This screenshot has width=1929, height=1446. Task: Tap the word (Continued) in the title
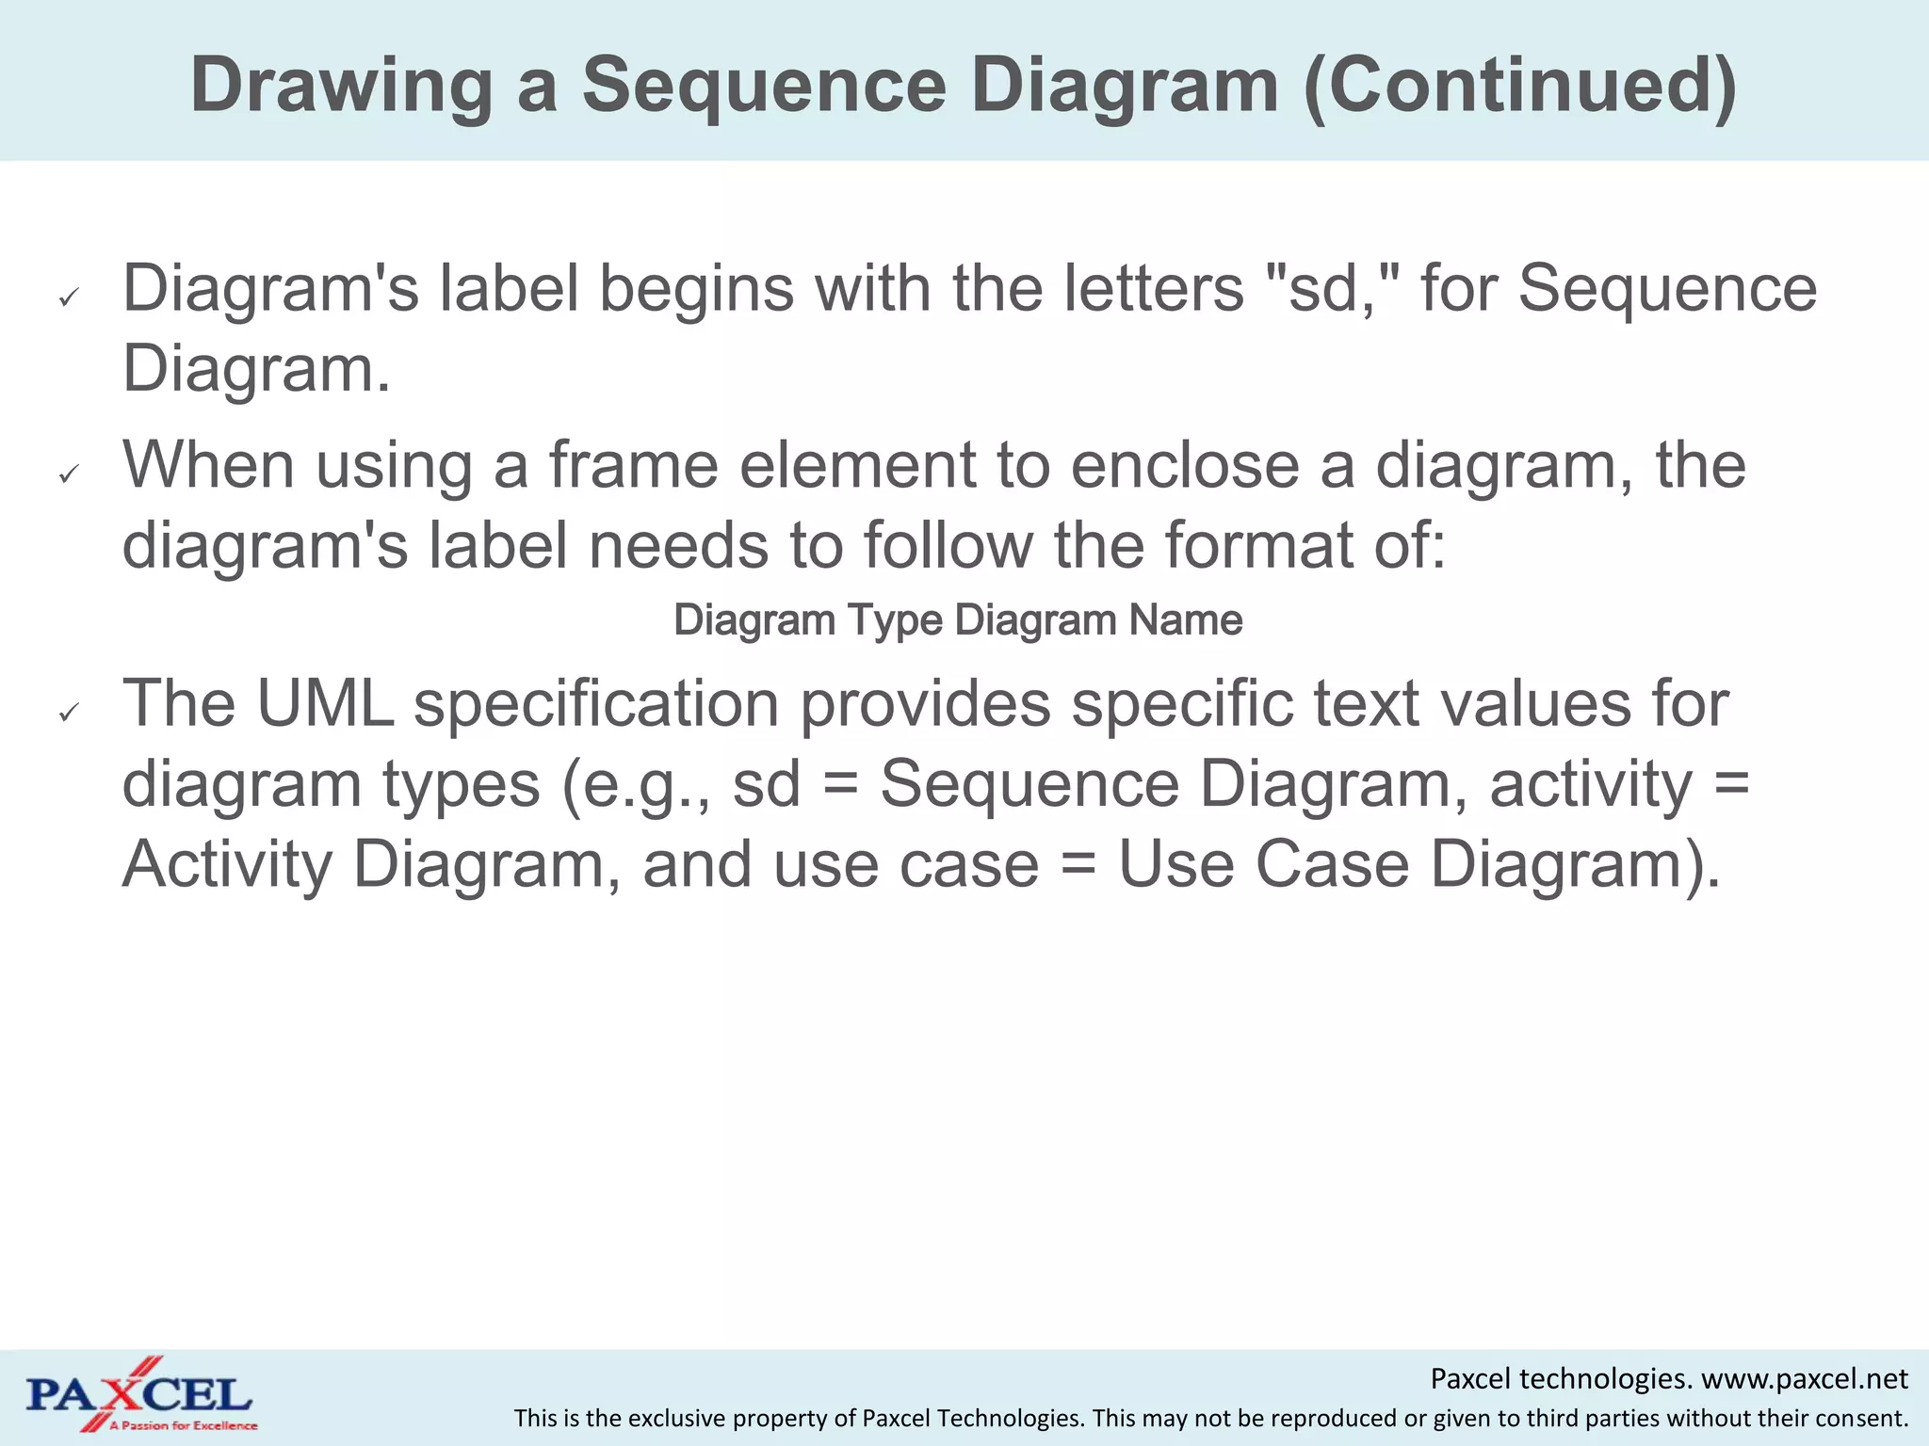[x=1519, y=85]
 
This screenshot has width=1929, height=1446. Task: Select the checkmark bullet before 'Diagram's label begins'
[x=67, y=298]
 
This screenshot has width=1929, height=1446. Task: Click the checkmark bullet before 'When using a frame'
[x=67, y=475]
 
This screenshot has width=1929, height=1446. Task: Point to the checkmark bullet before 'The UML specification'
[x=67, y=715]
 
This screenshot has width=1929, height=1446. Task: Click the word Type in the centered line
[x=895, y=620]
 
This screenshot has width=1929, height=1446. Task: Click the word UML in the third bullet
[x=325, y=703]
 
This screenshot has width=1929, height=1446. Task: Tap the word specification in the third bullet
[x=596, y=703]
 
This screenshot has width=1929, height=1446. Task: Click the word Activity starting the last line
[x=226, y=864]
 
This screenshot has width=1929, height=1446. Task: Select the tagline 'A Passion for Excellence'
[x=183, y=1426]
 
